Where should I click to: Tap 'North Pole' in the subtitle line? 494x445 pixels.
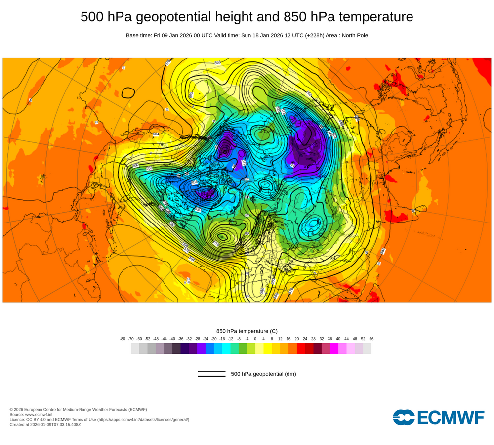coord(354,35)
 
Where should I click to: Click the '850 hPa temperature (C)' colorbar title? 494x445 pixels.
coord(247,331)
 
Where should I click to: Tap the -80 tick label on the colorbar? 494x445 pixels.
coord(123,339)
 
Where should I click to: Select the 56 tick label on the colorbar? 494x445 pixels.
coord(371,339)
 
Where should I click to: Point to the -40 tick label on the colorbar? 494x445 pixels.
coord(172,339)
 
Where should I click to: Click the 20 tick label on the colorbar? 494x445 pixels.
coord(296,339)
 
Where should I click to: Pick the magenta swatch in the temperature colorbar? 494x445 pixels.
coord(334,349)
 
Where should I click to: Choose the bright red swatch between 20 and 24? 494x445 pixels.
coord(301,349)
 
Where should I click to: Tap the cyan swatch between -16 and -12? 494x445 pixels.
coord(226,349)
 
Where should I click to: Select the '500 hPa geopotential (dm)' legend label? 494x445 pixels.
coord(263,374)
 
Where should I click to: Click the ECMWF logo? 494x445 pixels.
coord(439,417)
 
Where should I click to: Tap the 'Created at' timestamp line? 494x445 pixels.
coord(45,424)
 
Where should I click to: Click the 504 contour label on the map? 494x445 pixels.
coord(194,182)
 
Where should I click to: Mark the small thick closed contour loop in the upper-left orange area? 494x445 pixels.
coord(128,92)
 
